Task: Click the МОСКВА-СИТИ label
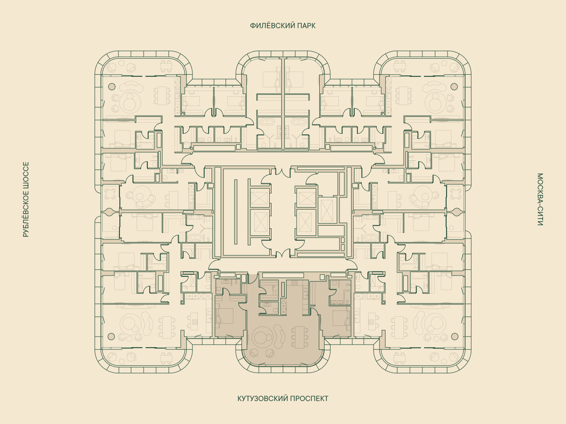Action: tap(540, 199)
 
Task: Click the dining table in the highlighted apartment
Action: tap(300, 337)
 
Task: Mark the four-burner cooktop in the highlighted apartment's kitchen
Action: tap(294, 283)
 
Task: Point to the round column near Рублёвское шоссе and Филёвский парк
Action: tap(112, 86)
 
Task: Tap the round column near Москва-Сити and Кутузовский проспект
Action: tap(455, 336)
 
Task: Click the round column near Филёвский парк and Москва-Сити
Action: tap(454, 86)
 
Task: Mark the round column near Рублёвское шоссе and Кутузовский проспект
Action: tap(111, 336)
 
